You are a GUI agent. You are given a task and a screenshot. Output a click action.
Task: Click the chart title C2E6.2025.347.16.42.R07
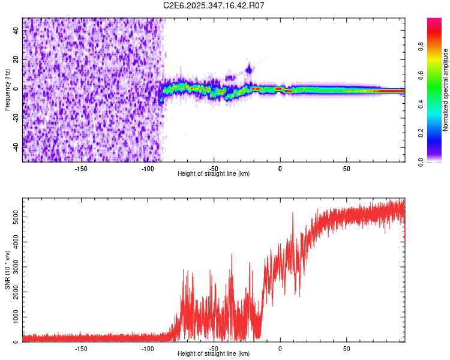tap(214, 5)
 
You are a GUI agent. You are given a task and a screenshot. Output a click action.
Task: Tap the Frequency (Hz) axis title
tap(8, 90)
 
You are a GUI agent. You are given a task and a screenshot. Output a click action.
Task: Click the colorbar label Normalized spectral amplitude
tap(446, 90)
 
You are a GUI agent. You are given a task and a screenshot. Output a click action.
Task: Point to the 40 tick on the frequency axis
tap(16, 31)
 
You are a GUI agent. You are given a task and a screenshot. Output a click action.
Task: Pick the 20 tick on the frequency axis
tap(16, 60)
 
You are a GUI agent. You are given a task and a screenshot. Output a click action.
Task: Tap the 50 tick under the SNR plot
tap(346, 348)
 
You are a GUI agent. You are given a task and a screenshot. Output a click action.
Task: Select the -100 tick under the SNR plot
tap(148, 348)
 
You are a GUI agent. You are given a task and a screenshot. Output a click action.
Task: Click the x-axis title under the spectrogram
tap(214, 174)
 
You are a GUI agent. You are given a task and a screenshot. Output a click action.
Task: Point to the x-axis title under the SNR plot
tap(214, 354)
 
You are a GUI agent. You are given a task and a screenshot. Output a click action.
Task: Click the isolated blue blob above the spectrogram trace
tap(248, 70)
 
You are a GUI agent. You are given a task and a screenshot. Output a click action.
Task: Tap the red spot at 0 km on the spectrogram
tap(279, 89)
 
